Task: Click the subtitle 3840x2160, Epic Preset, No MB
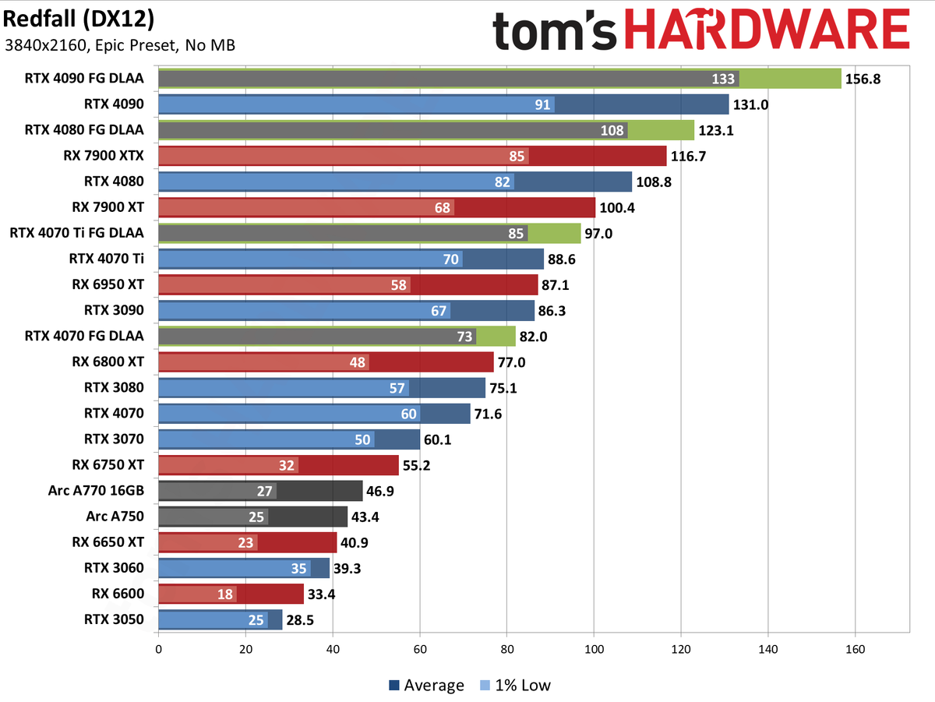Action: coord(119,44)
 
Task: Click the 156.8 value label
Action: coord(863,79)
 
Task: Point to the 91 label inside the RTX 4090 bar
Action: coord(544,104)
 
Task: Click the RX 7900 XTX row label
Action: coord(104,156)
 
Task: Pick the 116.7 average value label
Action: coord(689,156)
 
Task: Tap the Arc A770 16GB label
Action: coord(96,491)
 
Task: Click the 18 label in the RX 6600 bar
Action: coord(226,594)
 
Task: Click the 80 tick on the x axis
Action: coord(507,647)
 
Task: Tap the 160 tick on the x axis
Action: coord(856,647)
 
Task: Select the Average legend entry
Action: coord(426,686)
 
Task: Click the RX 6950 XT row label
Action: coord(108,285)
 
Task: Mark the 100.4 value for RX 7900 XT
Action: coord(617,207)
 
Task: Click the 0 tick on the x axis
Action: coord(159,647)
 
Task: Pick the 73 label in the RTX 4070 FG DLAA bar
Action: coord(464,337)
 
